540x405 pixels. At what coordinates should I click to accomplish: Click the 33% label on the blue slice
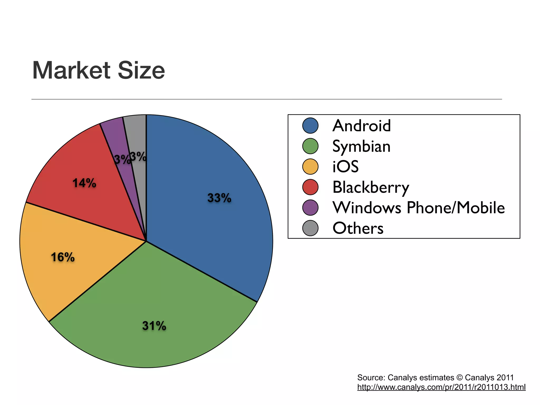click(219, 198)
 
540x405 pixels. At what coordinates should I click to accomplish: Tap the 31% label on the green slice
click(154, 326)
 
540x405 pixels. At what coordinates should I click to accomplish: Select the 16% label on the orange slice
click(63, 257)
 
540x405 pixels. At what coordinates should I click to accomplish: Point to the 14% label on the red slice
click(84, 183)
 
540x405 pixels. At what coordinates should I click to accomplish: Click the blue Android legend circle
click(310, 126)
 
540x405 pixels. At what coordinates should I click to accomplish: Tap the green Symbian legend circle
click(310, 146)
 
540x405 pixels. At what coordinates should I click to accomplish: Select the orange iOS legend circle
click(310, 167)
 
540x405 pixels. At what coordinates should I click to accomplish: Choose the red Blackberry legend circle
click(310, 187)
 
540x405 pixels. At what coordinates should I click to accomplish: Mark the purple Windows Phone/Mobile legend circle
click(310, 208)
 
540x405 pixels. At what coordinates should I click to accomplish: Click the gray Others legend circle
click(310, 228)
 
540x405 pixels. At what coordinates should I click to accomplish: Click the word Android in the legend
click(361, 126)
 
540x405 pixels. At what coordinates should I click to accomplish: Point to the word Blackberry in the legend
click(371, 187)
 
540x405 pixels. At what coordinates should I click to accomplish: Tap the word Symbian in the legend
click(361, 147)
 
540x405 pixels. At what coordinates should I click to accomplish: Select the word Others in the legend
click(358, 228)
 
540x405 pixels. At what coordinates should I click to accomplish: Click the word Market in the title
click(71, 70)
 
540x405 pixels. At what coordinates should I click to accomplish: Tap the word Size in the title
click(141, 70)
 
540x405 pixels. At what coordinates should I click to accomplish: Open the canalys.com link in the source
click(441, 387)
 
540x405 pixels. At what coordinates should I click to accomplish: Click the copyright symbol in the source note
click(459, 378)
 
